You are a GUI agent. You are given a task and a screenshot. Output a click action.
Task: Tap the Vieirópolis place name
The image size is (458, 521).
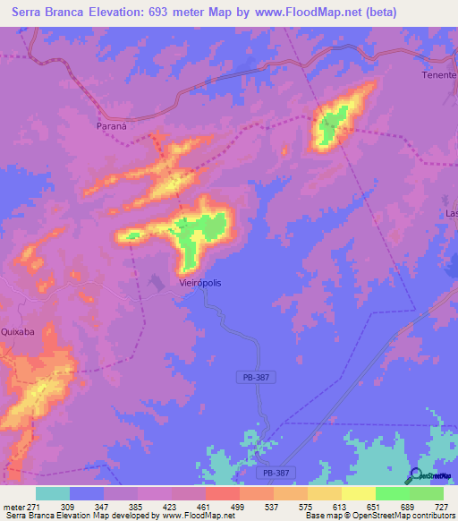coord(195,283)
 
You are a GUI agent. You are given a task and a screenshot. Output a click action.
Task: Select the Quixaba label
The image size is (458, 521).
coord(18,330)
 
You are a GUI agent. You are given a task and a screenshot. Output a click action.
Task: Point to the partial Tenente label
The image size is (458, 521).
coord(439,75)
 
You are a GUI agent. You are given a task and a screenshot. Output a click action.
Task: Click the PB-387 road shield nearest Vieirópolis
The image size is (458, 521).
coord(254,379)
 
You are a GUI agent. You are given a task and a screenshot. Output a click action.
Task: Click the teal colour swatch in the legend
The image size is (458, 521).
coord(52,493)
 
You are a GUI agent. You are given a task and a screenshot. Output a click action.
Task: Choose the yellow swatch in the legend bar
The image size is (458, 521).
coord(358,493)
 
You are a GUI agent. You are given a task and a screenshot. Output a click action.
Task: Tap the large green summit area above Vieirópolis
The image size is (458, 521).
coord(199,235)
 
